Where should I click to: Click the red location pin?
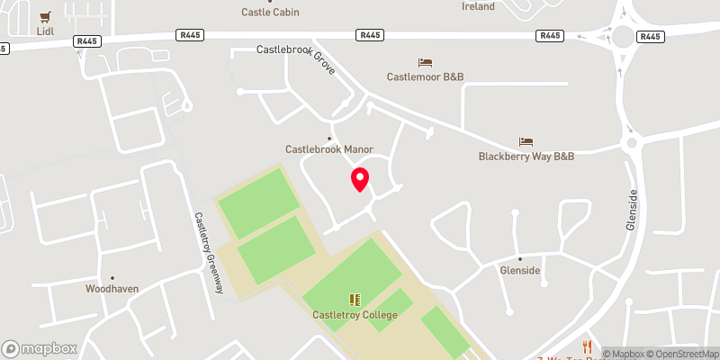pos(360,179)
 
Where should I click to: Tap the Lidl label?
pos(47,31)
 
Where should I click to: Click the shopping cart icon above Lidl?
pos(47,16)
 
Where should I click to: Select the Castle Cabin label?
pos(270,12)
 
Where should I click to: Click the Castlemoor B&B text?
pos(426,77)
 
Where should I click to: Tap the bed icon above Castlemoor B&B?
pos(426,62)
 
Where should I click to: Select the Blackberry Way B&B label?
pos(526,157)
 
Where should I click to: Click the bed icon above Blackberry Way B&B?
pos(526,141)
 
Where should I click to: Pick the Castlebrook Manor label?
pos(328,149)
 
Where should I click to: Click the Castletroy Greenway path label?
pos(208,253)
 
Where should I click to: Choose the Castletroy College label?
pos(354,315)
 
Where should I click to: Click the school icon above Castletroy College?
pos(354,300)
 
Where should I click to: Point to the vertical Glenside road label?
pos(633,209)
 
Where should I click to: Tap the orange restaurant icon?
pos(587,347)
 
